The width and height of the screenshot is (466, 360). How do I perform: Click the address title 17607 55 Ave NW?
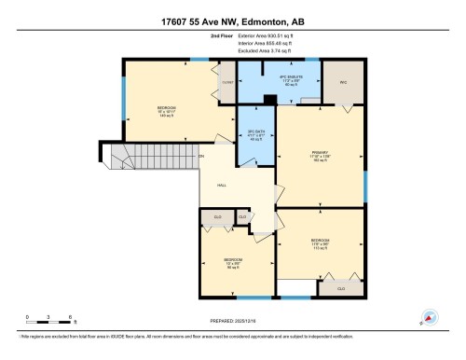tap(233, 13)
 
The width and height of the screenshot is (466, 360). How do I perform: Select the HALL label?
tap(223, 185)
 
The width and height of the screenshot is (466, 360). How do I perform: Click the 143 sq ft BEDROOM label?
tap(166, 108)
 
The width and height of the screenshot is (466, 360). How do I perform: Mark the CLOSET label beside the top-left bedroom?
tap(226, 82)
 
